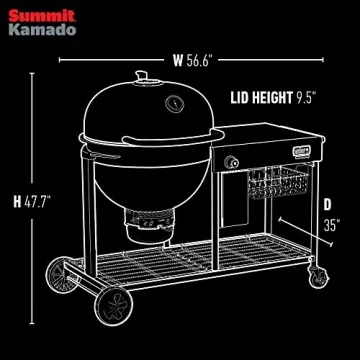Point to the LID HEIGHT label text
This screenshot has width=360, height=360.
pos(261,99)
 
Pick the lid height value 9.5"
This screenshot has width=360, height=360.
pos(305,99)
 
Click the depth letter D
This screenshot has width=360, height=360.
pos(326,205)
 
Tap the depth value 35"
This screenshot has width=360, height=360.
pos(331,225)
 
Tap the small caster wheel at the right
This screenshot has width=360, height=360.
pos(318,271)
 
